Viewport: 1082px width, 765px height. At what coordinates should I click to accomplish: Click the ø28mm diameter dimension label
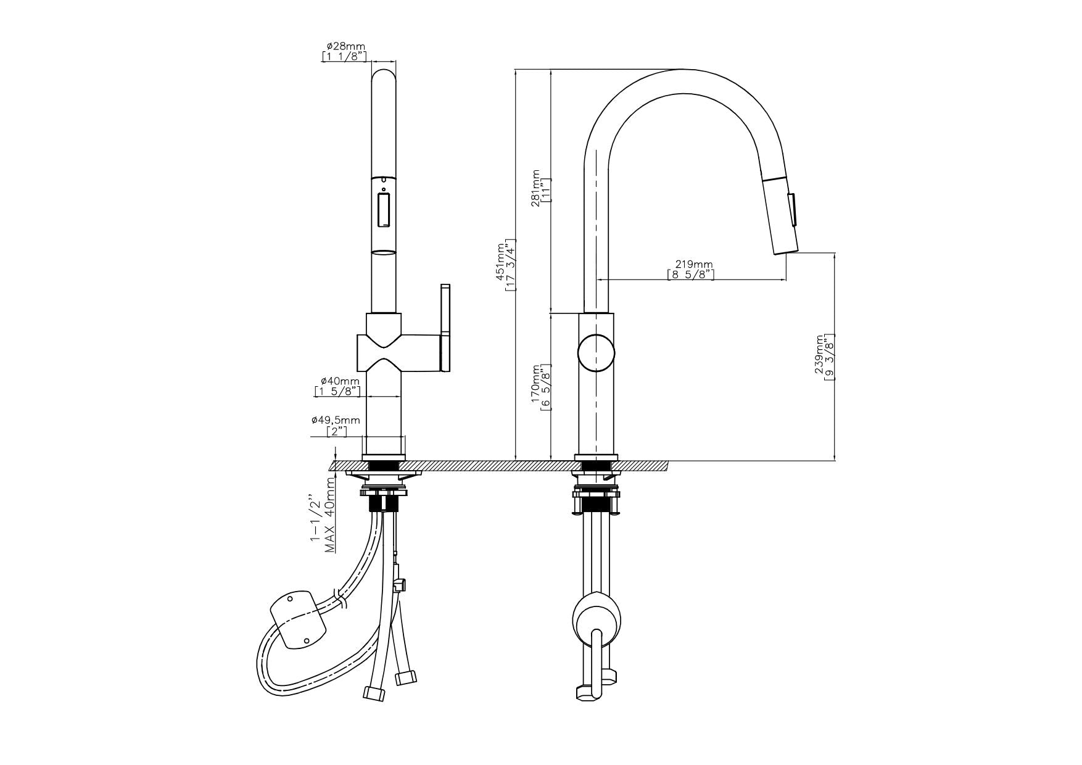(346, 46)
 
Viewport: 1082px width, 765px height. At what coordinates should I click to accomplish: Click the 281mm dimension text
(535, 189)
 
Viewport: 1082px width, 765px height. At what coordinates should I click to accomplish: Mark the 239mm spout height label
(820, 355)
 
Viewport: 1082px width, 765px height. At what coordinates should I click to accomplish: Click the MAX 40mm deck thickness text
(331, 515)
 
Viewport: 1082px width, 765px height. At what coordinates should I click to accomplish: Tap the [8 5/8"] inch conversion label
(690, 275)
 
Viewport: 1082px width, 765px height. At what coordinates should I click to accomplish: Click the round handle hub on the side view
(596, 353)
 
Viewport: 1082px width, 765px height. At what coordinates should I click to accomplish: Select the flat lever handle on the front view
(445, 328)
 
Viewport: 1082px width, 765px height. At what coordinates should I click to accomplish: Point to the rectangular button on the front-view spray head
(383, 210)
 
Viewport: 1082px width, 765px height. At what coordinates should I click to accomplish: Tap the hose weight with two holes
(299, 619)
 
